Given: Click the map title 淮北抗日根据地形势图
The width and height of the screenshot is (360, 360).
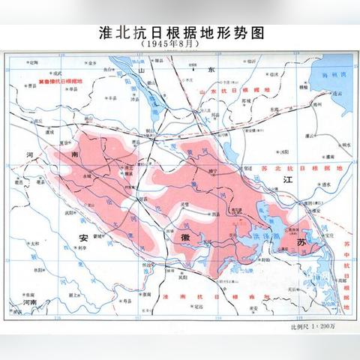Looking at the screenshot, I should point(180,33).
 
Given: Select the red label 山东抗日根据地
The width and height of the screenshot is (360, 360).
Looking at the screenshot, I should point(232,89).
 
